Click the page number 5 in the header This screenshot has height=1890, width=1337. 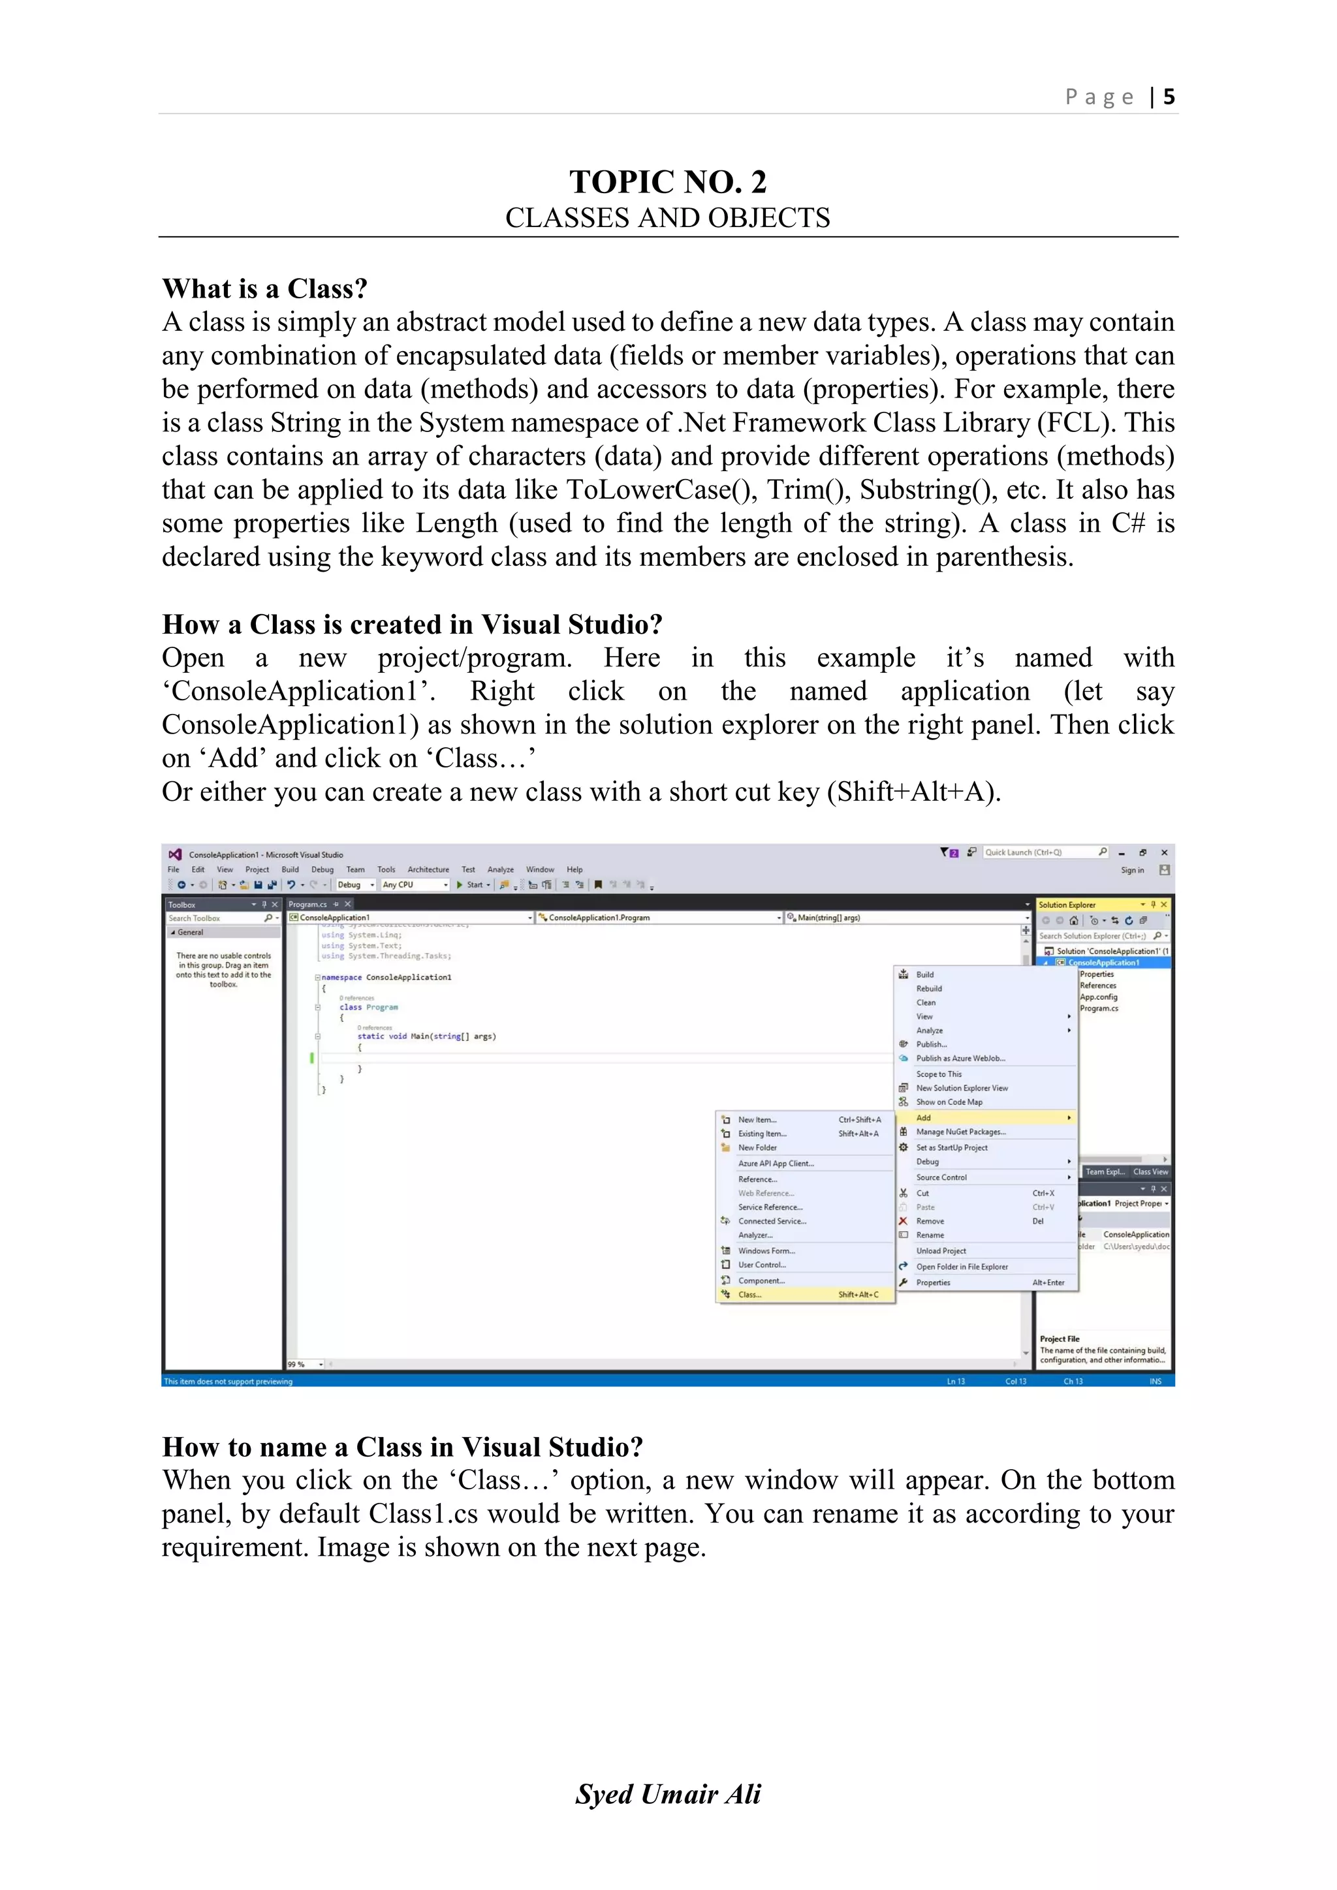click(1168, 97)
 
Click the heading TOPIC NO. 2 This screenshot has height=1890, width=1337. click(668, 181)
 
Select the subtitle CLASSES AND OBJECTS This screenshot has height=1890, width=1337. click(668, 218)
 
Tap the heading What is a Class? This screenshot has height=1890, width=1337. click(264, 289)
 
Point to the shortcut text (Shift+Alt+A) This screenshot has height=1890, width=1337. click(914, 792)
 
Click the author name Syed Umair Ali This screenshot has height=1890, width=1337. click(668, 1793)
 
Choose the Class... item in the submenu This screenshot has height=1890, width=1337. click(750, 1295)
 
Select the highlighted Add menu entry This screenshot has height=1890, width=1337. click(924, 1118)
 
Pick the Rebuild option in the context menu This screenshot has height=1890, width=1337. click(929, 989)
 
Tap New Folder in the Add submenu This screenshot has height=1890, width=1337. click(757, 1147)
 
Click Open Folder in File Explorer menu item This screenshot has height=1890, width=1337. click(962, 1267)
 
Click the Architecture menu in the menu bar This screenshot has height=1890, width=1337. click(428, 869)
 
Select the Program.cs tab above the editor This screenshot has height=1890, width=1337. click(308, 904)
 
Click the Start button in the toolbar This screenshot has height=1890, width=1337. click(473, 885)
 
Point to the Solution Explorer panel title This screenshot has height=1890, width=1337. click(1067, 905)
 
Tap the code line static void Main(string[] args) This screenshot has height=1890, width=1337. click(426, 1036)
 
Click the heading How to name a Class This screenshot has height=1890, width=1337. click(401, 1447)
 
